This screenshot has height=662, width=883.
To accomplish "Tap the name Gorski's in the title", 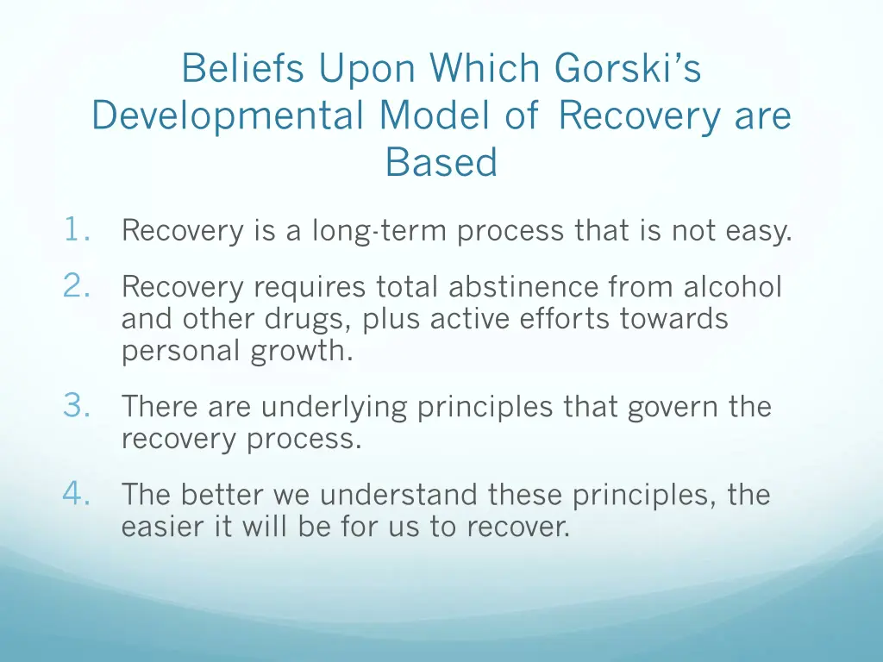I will (x=628, y=69).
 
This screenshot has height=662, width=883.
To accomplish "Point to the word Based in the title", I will (x=441, y=162).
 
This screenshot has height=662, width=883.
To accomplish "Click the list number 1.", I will (x=77, y=230).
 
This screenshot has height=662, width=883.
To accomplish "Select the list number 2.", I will (x=77, y=285).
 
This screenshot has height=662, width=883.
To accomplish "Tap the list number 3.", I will (x=77, y=405).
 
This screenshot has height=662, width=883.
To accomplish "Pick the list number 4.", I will (x=77, y=494).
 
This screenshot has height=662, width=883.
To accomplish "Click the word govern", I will (x=669, y=406).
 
